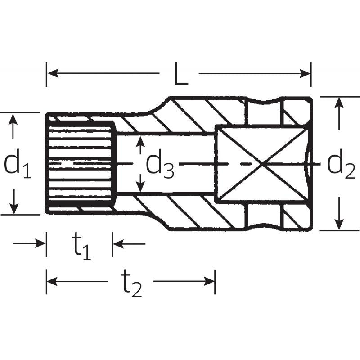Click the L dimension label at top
click(181, 73)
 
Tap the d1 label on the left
click(18, 165)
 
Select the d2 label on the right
click(341, 164)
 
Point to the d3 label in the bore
click(160, 164)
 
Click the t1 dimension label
click(82, 246)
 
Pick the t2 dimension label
click(130, 283)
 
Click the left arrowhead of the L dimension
click(52, 73)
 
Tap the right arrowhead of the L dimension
click(305, 73)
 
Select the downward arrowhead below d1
click(14, 208)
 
